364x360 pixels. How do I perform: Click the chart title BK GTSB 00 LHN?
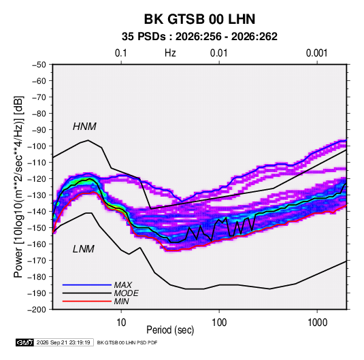coord(199,19)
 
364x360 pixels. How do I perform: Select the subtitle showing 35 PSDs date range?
coord(199,37)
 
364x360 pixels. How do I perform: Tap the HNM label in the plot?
coord(84,127)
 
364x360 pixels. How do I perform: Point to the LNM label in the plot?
coord(84,249)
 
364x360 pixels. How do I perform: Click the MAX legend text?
coord(123,285)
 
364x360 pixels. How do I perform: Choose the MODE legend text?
coord(127,293)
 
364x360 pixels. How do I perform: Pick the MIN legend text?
coord(121,301)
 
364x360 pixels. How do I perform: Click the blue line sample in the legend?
coord(87,284)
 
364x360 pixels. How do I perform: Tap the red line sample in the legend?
coord(87,301)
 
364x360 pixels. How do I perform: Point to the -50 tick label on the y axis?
coord(39,65)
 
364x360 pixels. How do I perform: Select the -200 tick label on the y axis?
coord(37,310)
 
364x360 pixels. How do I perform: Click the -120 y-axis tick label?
coord(37,179)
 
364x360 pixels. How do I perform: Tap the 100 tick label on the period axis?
coord(219,323)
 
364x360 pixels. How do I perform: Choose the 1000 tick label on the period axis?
coord(317,323)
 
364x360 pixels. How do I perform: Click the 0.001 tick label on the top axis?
coord(316,53)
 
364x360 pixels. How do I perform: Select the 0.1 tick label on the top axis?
coord(121,53)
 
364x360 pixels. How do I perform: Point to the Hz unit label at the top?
coord(170,53)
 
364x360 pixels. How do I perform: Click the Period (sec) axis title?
coord(170,330)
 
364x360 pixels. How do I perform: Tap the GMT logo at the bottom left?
coord(24,342)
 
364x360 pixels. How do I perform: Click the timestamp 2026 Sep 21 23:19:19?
coord(63,342)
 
